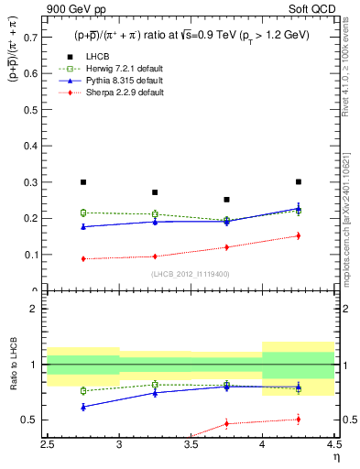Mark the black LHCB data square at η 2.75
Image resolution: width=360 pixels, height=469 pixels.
coord(83,182)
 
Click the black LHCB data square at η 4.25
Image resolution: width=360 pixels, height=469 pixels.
coord(298,181)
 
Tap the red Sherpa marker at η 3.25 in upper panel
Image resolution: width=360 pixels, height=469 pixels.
coord(155,256)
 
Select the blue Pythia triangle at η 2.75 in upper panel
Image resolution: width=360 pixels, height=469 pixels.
coord(83,226)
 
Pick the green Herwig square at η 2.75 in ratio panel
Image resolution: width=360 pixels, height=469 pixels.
coord(83,390)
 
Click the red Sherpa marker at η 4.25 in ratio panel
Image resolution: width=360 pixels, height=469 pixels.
coord(298,420)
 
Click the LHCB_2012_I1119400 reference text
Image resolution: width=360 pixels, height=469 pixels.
coord(191,274)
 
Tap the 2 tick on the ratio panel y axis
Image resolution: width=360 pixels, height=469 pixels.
coord(35,309)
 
